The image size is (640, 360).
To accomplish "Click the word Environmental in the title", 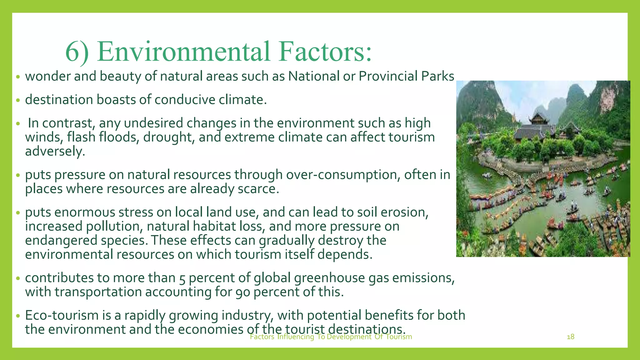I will click(183, 52).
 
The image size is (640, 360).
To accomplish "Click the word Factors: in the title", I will click(325, 52).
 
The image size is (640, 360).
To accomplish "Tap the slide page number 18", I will click(570, 337).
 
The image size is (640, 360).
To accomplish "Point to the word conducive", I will click(185, 100).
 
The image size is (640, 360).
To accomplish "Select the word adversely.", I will click(55, 152).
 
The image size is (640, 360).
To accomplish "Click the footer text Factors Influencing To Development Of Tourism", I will click(331, 337).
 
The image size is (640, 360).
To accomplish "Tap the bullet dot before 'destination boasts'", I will click(18, 100).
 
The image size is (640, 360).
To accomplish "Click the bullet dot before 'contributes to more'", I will click(18, 278).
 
